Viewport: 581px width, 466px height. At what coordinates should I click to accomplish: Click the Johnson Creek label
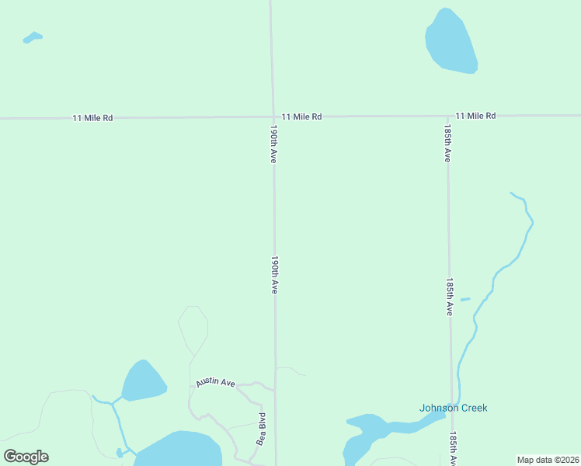click(453, 408)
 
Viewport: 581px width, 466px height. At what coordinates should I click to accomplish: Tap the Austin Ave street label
click(215, 382)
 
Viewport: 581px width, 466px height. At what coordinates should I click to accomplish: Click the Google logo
click(26, 457)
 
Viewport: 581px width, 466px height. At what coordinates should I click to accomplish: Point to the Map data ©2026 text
click(548, 460)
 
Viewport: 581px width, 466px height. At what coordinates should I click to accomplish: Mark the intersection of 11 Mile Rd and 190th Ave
click(273, 117)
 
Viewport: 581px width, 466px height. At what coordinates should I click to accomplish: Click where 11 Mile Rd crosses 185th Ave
click(447, 116)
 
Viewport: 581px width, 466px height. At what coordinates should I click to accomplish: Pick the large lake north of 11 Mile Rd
click(451, 43)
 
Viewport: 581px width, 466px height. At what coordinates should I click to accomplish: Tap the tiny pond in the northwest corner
click(33, 37)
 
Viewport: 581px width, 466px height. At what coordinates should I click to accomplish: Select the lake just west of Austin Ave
click(143, 381)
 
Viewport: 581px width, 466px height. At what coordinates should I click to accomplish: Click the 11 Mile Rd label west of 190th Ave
click(92, 118)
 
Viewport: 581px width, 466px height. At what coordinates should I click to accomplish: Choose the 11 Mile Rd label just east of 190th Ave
click(301, 116)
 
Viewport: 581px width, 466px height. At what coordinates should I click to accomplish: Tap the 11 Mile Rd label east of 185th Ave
click(475, 116)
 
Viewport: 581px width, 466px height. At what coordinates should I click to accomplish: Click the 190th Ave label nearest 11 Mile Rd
click(273, 144)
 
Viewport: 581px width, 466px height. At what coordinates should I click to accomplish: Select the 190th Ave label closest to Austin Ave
click(274, 274)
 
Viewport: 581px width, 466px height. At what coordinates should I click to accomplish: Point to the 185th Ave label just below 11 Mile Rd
click(447, 143)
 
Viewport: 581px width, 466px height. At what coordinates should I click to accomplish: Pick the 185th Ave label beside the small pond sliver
click(449, 297)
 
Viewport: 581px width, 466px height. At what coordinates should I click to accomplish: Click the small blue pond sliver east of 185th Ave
click(465, 299)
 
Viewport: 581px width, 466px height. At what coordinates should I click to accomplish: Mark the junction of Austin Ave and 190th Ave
click(274, 388)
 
